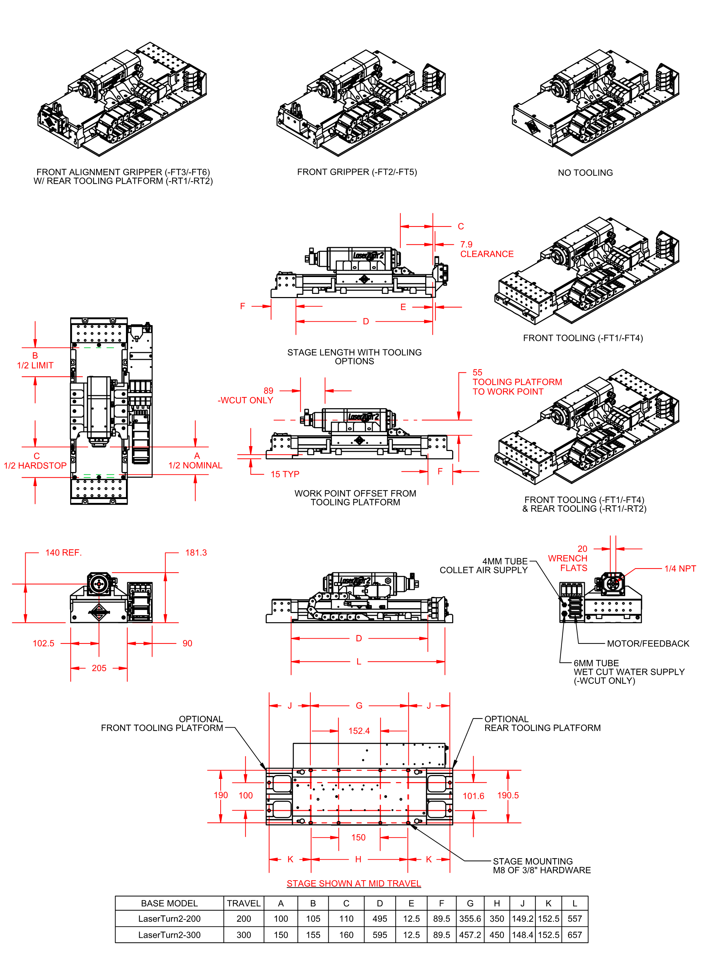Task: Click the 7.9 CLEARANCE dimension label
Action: point(486,249)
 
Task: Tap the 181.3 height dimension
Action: point(196,553)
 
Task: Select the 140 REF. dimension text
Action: point(63,553)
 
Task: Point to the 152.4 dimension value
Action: point(359,731)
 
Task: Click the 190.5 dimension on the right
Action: point(508,795)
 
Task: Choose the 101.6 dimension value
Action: point(473,796)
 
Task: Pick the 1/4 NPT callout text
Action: point(680,569)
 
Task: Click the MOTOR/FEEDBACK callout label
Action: point(648,644)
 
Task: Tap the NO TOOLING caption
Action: point(585,173)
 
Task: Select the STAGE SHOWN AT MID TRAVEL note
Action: point(354,883)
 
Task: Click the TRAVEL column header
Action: point(244,903)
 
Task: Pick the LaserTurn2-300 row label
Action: point(169,935)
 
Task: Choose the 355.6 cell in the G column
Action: point(470,919)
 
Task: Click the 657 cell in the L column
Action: point(575,935)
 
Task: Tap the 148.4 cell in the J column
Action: point(522,935)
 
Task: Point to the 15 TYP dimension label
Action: point(285,474)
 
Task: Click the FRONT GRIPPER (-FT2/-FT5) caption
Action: point(357,172)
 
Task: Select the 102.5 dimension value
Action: point(44,643)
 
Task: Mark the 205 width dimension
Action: point(99,668)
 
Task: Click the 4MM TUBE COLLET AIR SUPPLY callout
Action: point(483,566)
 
